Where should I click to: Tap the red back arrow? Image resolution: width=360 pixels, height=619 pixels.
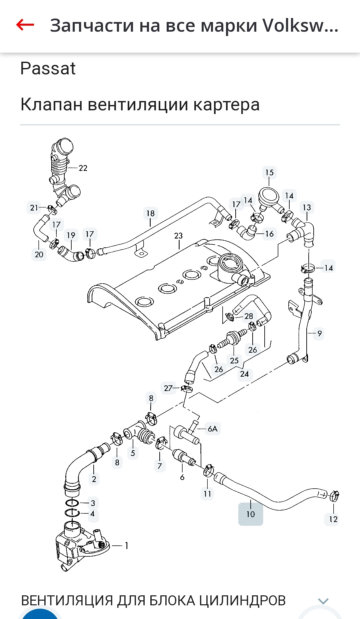[25, 25]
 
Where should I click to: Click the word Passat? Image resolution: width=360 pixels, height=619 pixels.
[48, 69]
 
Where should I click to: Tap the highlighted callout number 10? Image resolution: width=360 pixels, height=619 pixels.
[251, 514]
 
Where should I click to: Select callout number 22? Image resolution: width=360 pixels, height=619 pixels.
[83, 168]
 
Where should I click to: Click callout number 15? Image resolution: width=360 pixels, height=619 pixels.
[269, 173]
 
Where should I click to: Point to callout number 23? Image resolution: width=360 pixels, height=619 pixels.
[178, 236]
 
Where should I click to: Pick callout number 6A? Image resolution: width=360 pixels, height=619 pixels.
[212, 429]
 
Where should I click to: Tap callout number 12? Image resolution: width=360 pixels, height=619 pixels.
[333, 519]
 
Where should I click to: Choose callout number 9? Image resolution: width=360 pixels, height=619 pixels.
[319, 333]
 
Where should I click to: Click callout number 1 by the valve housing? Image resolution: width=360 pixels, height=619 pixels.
[127, 546]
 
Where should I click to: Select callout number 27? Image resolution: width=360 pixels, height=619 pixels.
[168, 388]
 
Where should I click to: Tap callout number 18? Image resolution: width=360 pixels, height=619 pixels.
[151, 213]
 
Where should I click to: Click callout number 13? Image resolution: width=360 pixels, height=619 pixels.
[307, 208]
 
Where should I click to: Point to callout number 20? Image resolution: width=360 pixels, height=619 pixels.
[39, 255]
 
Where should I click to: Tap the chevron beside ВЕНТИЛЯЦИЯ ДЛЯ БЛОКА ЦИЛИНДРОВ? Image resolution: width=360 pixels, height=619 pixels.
[323, 601]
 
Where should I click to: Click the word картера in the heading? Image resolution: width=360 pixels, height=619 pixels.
[226, 105]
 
